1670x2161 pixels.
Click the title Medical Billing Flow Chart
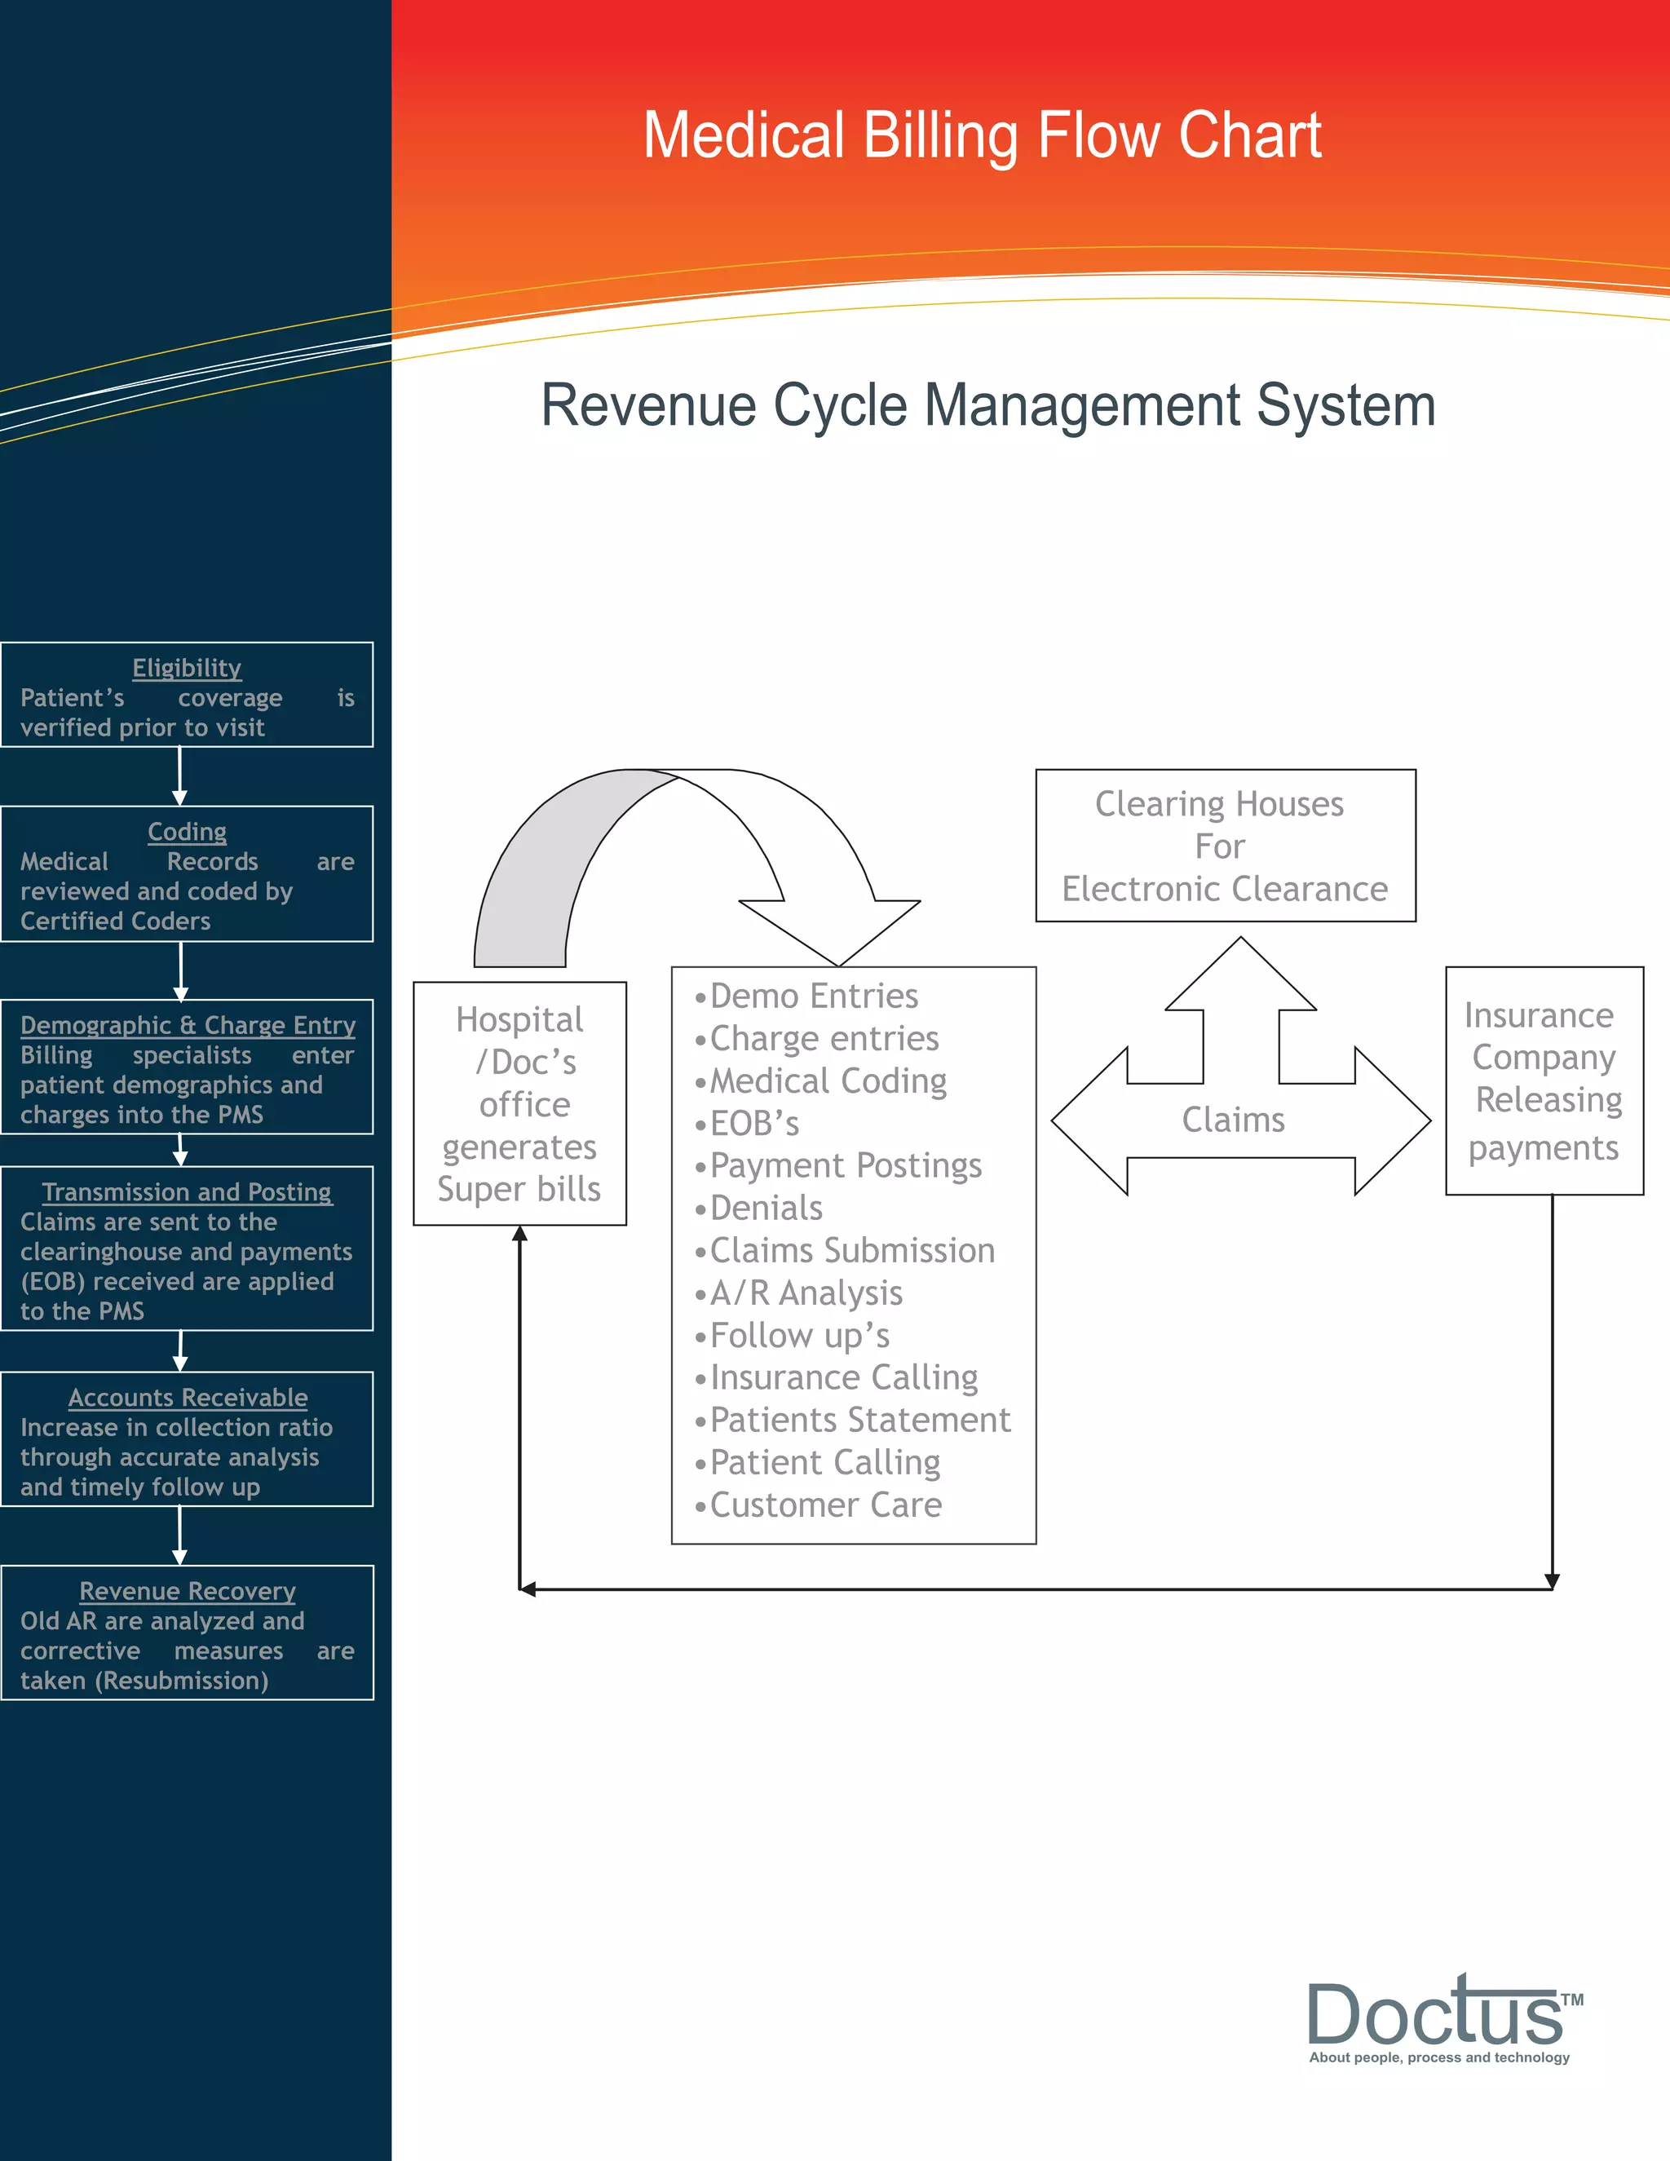coord(982,135)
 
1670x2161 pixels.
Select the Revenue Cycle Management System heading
coord(987,405)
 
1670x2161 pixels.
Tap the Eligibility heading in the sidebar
coord(187,668)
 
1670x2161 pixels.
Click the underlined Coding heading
coord(187,832)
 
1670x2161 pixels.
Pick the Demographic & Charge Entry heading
coord(187,1025)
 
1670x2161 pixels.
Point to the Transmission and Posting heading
coord(187,1192)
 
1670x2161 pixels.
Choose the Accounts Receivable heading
coord(187,1397)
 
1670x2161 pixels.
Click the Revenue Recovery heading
coord(187,1591)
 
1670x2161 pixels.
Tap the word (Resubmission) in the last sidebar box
coord(182,1680)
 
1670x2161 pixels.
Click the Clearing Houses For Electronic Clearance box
coord(1225,846)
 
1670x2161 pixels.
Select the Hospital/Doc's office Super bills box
coord(519,1103)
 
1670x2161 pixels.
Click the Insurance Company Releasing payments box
coord(1544,1080)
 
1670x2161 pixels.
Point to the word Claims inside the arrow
coord(1233,1120)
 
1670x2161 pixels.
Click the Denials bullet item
coord(766,1209)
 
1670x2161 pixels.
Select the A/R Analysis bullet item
coord(806,1293)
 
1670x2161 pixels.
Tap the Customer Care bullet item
coord(825,1505)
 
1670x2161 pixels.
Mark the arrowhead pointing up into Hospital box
coord(519,1233)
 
